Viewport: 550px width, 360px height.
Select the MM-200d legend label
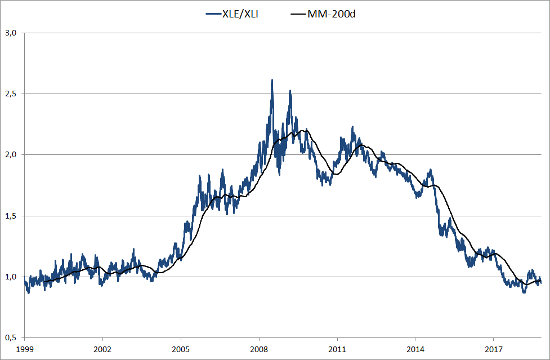pos(332,14)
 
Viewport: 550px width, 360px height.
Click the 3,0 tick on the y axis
pos(12,33)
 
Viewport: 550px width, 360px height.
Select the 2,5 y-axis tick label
pos(12,94)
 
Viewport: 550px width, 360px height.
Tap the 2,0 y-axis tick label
pos(12,154)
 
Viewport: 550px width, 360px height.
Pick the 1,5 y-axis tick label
pos(12,216)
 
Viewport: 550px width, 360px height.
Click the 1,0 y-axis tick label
pos(12,277)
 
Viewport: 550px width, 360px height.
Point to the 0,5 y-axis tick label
pos(12,337)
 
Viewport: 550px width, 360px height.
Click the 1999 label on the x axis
pos(24,349)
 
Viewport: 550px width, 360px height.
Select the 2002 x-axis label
pos(102,349)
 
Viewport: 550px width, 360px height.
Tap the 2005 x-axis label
pos(181,349)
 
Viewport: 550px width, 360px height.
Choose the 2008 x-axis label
pos(259,349)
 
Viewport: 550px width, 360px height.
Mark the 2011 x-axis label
pos(337,349)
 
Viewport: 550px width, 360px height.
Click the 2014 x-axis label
pos(415,349)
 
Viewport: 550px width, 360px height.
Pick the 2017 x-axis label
pos(494,349)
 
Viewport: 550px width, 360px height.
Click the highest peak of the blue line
pos(272,80)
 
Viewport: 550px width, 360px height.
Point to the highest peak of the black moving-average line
pos(303,130)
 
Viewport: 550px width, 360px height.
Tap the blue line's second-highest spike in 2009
pos(290,91)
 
